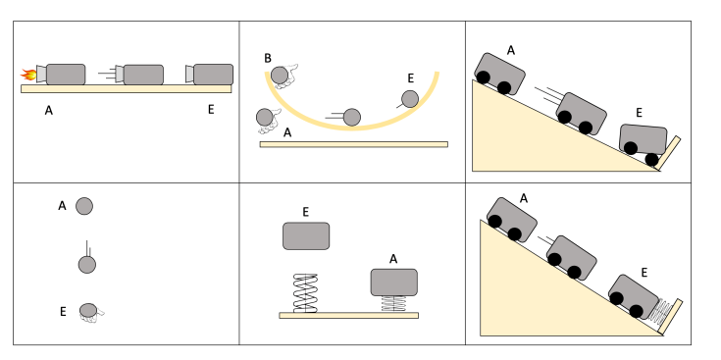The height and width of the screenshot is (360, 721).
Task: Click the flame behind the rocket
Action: point(28,74)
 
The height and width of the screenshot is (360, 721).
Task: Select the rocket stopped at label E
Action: point(209,75)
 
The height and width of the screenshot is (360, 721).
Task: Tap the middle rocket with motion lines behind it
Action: point(139,75)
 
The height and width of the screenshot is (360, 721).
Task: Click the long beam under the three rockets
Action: point(126,88)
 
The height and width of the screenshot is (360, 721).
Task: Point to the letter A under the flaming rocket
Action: point(49,110)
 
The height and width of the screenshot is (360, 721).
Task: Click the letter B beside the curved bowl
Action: point(268,59)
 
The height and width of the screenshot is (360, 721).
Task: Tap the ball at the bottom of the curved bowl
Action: point(352,118)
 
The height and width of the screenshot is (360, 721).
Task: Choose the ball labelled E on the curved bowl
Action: point(410,99)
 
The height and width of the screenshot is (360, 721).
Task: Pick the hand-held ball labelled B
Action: point(280,75)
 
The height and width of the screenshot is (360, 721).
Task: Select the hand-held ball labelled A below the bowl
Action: point(265,117)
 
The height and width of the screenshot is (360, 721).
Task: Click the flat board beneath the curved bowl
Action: point(353,144)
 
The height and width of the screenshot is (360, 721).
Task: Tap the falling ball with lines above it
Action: point(87,265)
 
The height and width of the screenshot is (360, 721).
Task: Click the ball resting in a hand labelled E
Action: point(88,310)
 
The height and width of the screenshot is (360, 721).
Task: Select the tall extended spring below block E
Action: point(305,293)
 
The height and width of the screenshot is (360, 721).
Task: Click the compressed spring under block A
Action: point(394,304)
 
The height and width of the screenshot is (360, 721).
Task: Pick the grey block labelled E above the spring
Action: point(306,235)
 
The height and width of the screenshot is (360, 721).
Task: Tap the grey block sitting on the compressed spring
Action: point(394,283)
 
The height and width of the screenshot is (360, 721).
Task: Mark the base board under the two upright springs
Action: point(348,316)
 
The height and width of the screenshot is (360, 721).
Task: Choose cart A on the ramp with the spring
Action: point(511,220)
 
